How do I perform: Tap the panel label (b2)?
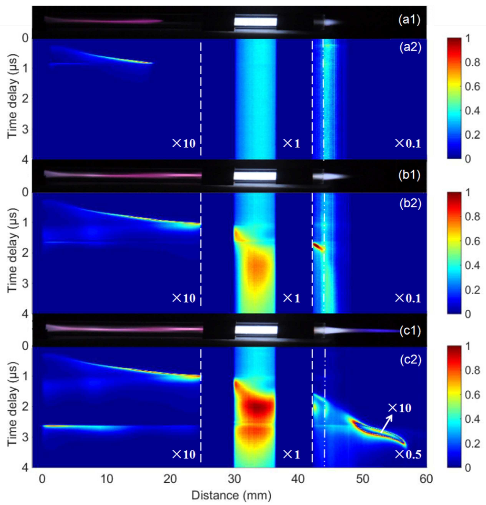410,203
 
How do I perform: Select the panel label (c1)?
410,331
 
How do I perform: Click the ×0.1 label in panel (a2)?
408,143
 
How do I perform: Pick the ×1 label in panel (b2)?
292,298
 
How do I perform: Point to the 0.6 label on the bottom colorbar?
473,395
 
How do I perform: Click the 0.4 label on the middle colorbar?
473,265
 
